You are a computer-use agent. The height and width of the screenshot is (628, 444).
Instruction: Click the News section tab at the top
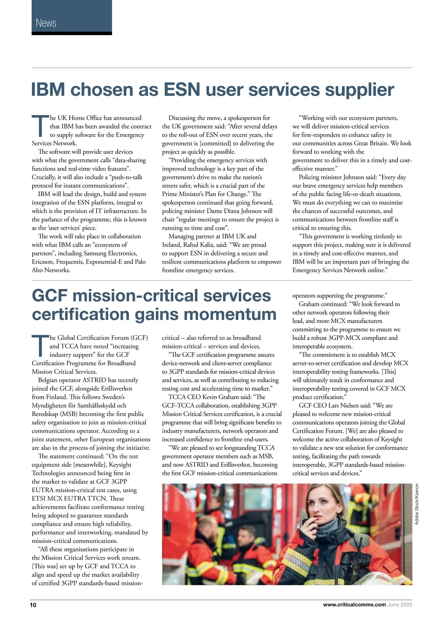(x=46, y=23)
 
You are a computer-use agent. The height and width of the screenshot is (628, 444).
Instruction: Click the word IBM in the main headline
(x=48, y=90)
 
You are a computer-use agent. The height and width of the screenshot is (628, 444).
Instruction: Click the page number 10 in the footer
(x=33, y=605)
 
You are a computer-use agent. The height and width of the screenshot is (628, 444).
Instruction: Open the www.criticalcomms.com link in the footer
(x=354, y=605)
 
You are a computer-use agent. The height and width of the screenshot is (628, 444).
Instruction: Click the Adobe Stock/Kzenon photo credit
(x=417, y=504)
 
